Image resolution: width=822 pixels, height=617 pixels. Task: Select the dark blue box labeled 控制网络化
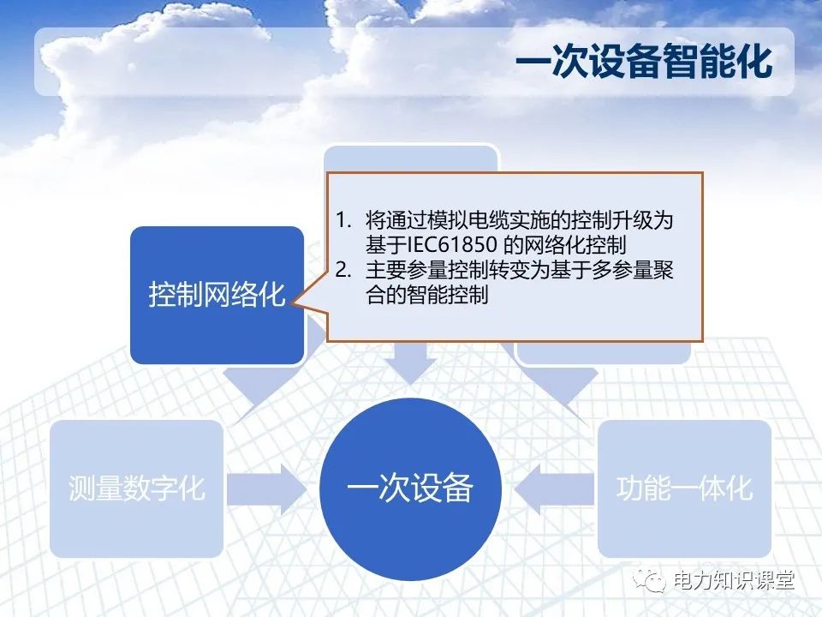click(217, 295)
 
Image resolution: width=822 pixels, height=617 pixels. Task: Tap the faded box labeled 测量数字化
click(137, 488)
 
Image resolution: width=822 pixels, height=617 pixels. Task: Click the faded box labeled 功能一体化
click(684, 488)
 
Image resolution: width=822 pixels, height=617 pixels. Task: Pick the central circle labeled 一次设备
click(410, 488)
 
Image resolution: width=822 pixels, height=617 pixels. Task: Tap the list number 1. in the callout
click(343, 221)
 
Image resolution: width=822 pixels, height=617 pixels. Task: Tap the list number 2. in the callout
click(343, 272)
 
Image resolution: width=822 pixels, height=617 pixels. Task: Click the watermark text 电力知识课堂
click(735, 581)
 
